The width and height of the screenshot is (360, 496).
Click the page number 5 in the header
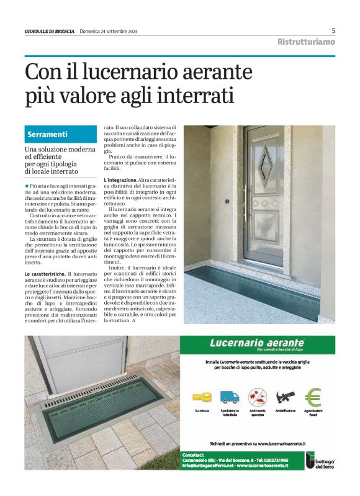click(333, 30)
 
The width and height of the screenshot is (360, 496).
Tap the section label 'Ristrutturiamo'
click(306, 42)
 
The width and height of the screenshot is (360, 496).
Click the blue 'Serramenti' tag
click(48, 134)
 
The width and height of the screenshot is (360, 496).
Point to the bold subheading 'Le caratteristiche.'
click(44, 274)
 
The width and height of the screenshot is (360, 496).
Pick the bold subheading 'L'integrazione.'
click(120, 179)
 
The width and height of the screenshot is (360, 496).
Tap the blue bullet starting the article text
click(27, 186)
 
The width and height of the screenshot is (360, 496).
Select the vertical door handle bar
click(246, 202)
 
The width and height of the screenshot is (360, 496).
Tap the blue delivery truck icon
click(229, 397)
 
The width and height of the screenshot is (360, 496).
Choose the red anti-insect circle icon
click(257, 397)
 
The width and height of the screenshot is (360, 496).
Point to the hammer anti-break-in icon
click(285, 397)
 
